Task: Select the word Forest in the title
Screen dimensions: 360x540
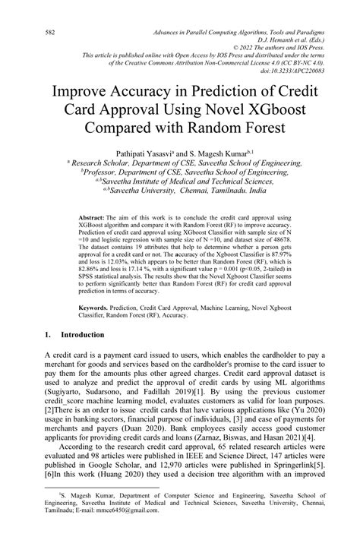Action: [x=260, y=126]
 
